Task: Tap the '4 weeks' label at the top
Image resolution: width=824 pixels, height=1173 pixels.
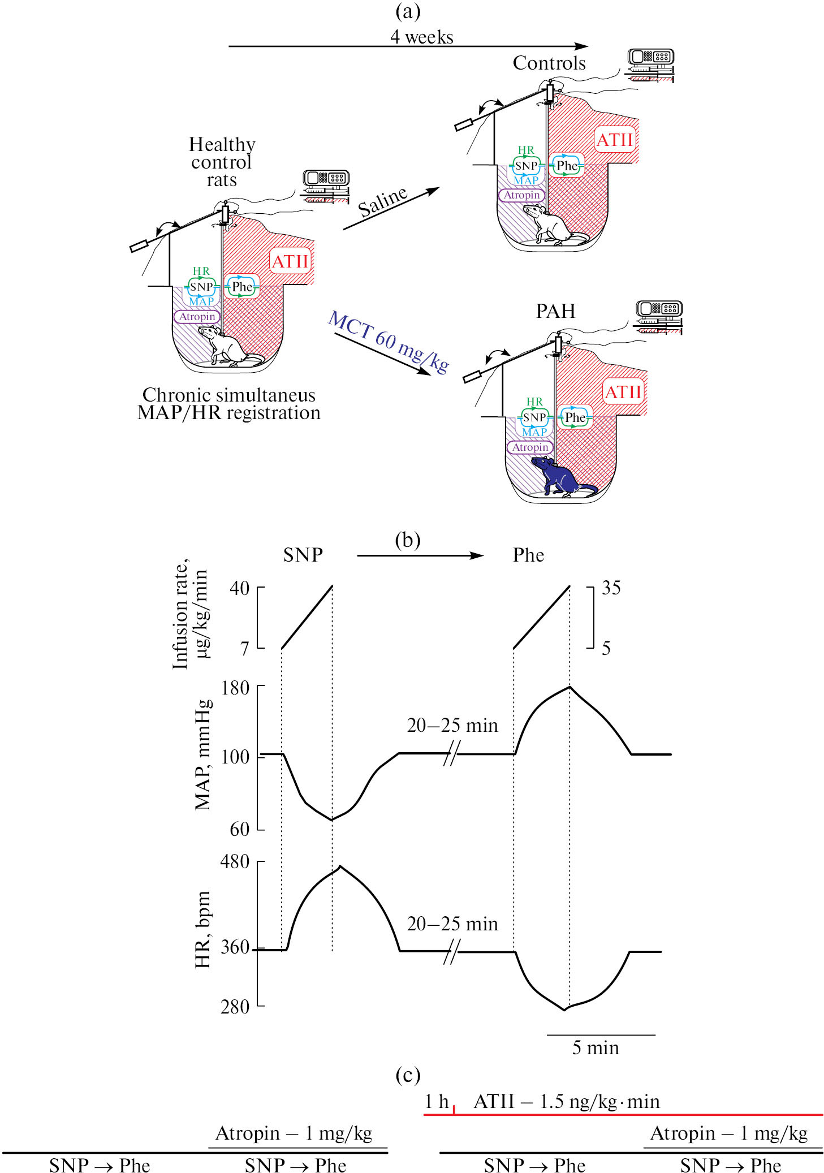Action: pyautogui.click(x=421, y=37)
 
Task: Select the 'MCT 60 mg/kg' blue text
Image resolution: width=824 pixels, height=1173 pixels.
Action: pyautogui.click(x=389, y=342)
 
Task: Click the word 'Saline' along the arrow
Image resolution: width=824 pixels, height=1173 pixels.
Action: pyautogui.click(x=383, y=201)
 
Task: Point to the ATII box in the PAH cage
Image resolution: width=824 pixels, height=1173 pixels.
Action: pyautogui.click(x=623, y=392)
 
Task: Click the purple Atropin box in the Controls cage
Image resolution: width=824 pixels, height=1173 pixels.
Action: pyautogui.click(x=521, y=195)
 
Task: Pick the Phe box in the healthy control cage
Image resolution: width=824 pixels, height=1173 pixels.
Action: pyautogui.click(x=242, y=287)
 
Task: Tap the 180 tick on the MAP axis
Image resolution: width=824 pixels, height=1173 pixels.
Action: pyautogui.click(x=235, y=688)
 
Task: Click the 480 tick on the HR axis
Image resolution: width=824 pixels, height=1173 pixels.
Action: pyautogui.click(x=235, y=861)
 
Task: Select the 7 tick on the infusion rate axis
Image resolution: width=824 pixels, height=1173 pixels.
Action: pyautogui.click(x=244, y=648)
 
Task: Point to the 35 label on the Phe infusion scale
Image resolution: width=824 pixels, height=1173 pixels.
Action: pyautogui.click(x=611, y=588)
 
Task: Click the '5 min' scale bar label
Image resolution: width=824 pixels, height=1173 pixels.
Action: pyautogui.click(x=595, y=1047)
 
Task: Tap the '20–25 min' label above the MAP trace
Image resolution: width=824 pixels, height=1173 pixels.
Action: pyautogui.click(x=452, y=725)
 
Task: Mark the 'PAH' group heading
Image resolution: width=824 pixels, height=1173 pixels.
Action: pyautogui.click(x=555, y=311)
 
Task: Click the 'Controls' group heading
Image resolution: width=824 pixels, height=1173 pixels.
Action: pyautogui.click(x=549, y=63)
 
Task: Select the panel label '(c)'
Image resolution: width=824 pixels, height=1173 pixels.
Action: pyautogui.click(x=408, y=1075)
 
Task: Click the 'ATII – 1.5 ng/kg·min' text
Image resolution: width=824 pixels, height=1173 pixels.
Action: pyautogui.click(x=567, y=1101)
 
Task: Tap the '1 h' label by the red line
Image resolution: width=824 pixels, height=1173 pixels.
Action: pyautogui.click(x=436, y=1101)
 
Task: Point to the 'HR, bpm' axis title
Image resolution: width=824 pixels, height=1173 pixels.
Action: pyautogui.click(x=202, y=930)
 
